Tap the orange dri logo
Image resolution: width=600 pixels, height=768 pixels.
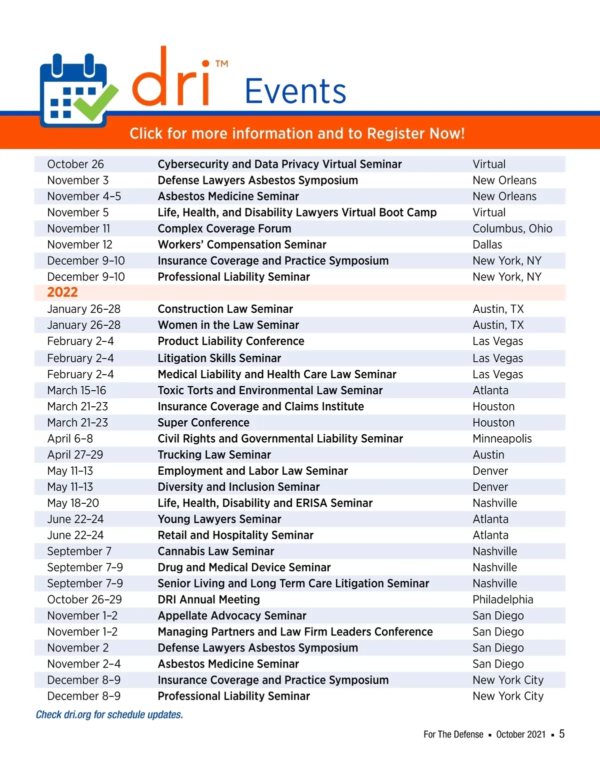(170, 80)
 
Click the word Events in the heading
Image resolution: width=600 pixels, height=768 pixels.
(295, 91)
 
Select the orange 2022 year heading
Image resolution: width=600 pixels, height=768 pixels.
(62, 292)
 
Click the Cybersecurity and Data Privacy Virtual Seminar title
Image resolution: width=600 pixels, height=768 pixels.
(279, 164)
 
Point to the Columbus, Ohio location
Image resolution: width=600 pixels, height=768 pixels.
(512, 229)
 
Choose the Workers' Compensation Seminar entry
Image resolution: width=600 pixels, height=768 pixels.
(242, 245)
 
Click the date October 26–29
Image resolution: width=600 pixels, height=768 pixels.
(84, 599)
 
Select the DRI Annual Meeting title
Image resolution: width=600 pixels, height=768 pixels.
(208, 599)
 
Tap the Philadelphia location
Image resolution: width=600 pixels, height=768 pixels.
(502, 599)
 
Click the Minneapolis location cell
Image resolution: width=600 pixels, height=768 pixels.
(502, 439)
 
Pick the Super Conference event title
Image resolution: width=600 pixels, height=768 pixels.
(203, 423)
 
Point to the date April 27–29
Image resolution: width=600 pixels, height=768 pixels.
(75, 455)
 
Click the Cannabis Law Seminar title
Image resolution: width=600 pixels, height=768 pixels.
(216, 551)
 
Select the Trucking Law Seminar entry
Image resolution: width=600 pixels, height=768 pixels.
(214, 455)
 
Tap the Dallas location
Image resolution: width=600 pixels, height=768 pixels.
(487, 245)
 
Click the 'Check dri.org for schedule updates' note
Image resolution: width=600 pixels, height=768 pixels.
(109, 714)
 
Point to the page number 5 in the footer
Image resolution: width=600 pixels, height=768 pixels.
(561, 734)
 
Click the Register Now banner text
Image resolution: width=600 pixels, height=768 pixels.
(297, 134)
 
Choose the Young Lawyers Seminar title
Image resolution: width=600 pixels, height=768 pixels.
(219, 519)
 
